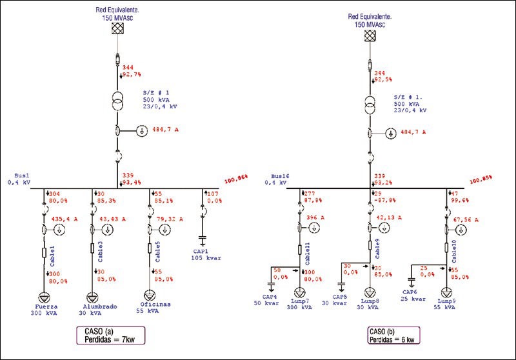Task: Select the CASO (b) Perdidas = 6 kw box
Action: pyautogui.click(x=391, y=337)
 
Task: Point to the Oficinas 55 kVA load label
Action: pyautogui.click(x=155, y=308)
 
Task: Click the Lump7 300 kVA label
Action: pyautogui.click(x=300, y=305)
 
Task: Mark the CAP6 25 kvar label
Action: pyautogui.click(x=414, y=296)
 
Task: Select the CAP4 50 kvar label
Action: pyautogui.click(x=267, y=299)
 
